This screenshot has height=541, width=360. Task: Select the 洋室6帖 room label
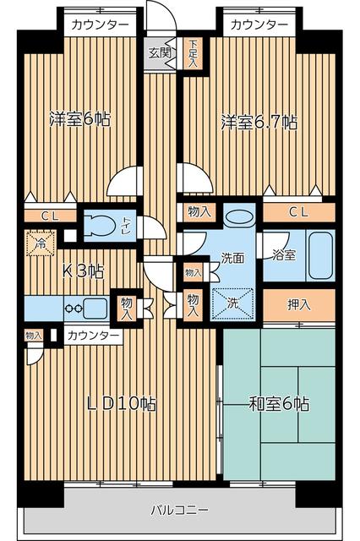point(79,119)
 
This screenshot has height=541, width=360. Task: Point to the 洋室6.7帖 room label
point(259,121)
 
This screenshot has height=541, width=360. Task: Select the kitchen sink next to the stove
point(95,308)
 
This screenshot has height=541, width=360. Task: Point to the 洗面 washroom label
point(232,258)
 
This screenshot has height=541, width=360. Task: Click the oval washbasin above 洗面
point(241,216)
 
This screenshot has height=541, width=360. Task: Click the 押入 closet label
point(298,304)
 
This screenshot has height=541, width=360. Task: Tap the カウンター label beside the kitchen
point(94,336)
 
